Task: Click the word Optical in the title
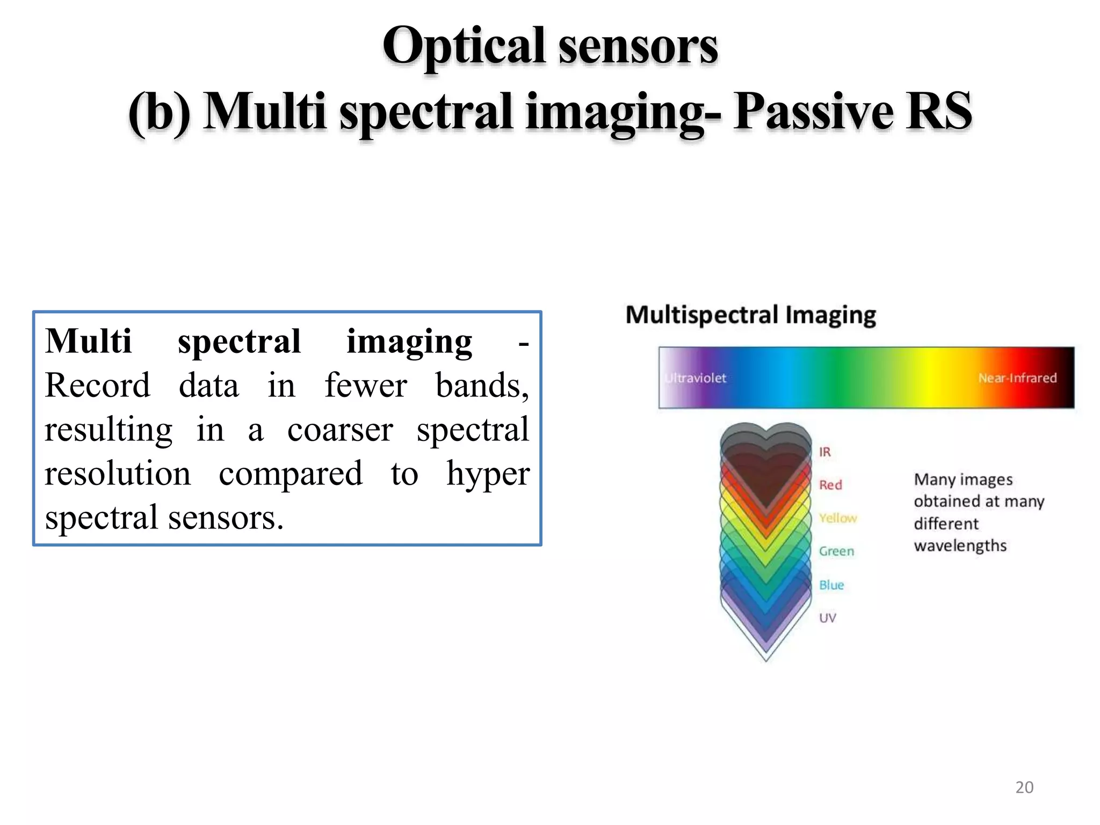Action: click(465, 47)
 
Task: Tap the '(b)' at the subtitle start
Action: click(159, 112)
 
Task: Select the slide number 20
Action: click(1024, 787)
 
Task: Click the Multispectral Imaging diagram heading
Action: click(750, 315)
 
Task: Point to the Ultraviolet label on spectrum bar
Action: click(695, 378)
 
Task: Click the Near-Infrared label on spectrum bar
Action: click(1017, 378)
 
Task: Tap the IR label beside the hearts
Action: click(824, 452)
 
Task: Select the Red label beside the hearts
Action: click(830, 485)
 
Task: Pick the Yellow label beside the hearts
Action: click(837, 518)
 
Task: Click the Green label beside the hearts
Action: click(836, 552)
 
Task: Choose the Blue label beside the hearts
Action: click(831, 585)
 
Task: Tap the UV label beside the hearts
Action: click(827, 618)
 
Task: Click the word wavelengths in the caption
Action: click(960, 546)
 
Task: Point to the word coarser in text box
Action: click(340, 430)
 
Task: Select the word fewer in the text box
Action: click(366, 386)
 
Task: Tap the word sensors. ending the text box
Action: click(226, 518)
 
